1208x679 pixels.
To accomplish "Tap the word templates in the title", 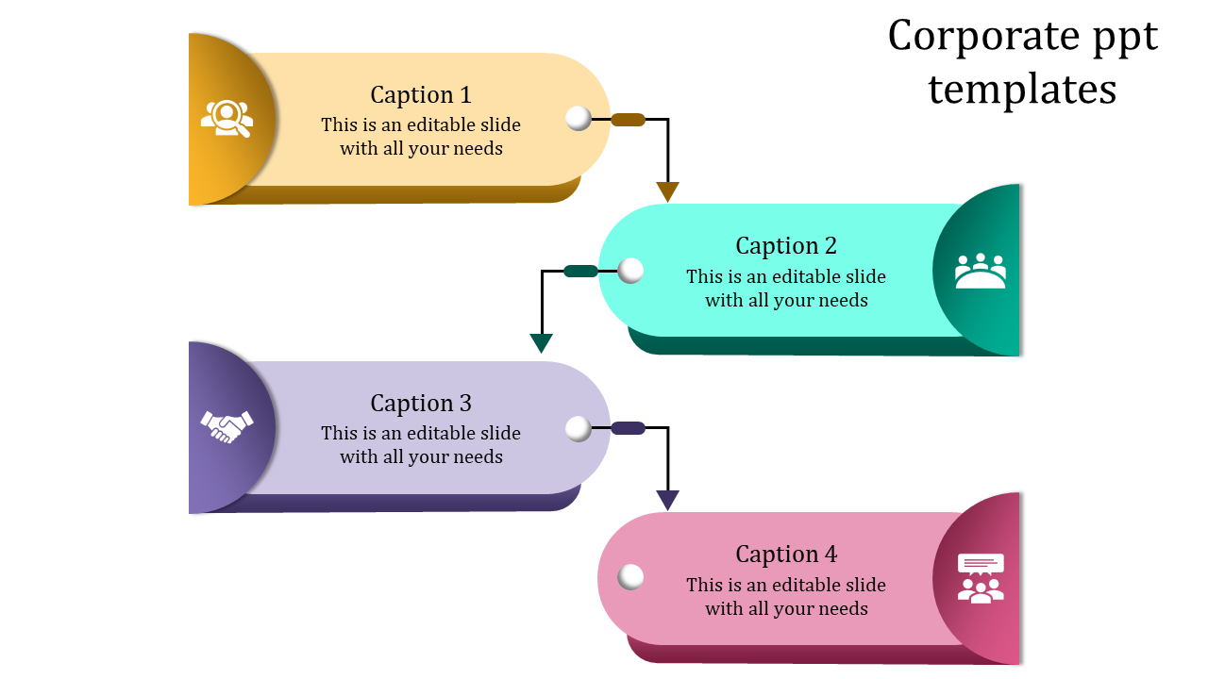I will point(1022,91).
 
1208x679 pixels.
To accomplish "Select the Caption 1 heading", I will point(420,95).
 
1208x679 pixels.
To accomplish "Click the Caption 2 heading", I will point(786,246).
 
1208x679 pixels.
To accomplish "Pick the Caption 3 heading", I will point(420,404).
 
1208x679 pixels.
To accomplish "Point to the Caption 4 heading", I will point(786,555).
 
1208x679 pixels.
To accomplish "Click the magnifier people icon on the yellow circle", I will point(227,119).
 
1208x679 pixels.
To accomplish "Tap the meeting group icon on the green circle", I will point(981,271).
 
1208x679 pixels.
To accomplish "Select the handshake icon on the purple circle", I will point(227,426).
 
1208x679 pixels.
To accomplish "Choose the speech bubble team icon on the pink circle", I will point(981,578).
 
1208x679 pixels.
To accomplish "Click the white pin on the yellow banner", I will point(579,119).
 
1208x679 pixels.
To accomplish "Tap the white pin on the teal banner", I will point(630,271).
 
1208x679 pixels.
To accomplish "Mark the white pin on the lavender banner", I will point(579,429).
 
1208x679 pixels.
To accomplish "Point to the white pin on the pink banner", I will point(630,576).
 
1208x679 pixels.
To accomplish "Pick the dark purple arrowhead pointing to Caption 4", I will point(668,500).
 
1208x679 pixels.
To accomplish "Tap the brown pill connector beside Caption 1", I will point(628,120).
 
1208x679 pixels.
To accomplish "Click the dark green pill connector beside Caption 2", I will point(580,272).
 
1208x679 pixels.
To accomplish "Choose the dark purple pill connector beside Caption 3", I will point(628,428).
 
